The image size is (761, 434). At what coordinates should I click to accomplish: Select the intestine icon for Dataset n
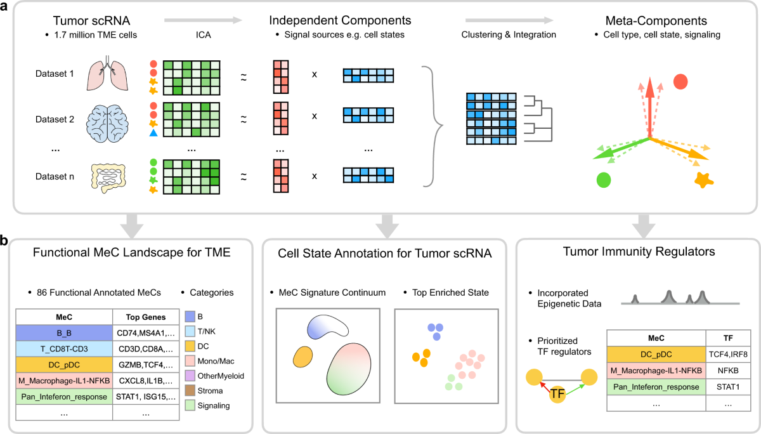[x=117, y=177]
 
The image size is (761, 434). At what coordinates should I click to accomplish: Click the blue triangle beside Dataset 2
[x=153, y=133]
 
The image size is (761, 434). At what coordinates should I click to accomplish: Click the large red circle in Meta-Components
[x=680, y=81]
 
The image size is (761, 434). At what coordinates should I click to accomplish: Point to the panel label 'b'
[x=5, y=241]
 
